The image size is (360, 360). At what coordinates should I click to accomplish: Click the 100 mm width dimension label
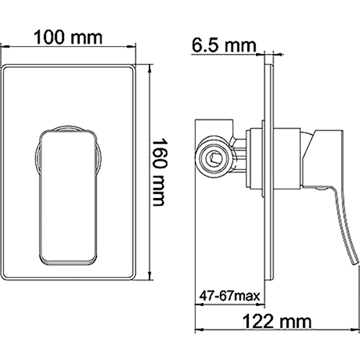tap(69, 37)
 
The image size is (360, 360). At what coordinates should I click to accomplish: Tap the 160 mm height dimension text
tap(158, 171)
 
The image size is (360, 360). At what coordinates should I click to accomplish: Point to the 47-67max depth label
tap(230, 296)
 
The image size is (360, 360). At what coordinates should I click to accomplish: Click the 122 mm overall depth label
tap(277, 321)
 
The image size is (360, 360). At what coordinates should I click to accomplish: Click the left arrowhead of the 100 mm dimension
tap(4, 46)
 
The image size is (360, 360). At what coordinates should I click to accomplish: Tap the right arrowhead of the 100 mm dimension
tap(134, 46)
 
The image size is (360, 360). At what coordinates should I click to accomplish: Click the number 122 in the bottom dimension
tap(259, 321)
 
